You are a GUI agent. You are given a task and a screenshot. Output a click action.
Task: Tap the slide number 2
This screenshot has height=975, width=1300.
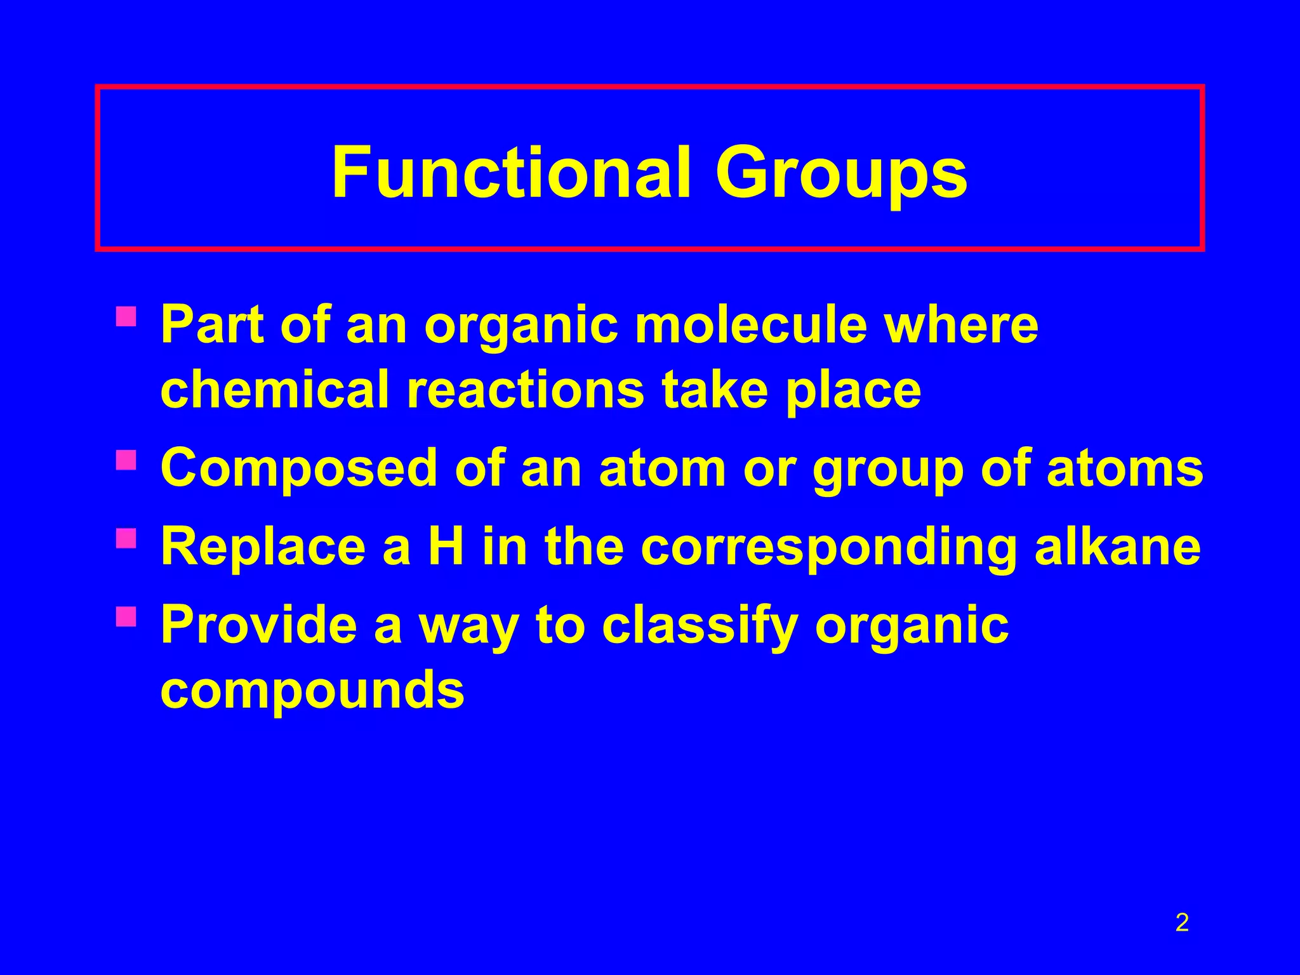[x=1182, y=922]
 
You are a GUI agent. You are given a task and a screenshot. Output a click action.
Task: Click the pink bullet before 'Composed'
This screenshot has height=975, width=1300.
[x=126, y=460]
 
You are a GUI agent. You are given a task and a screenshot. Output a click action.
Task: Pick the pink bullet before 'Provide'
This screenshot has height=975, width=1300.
[x=126, y=616]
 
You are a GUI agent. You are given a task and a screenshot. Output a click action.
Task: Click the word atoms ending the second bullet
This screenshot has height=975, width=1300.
[x=1124, y=468]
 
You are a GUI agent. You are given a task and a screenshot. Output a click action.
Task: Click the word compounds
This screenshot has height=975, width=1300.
[x=312, y=691]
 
